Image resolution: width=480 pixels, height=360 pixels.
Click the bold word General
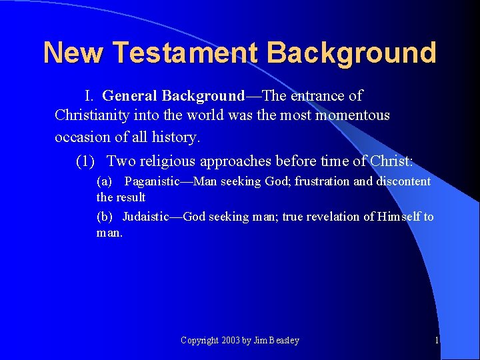[130, 96]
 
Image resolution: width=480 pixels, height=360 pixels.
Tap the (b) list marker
[105, 217]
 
